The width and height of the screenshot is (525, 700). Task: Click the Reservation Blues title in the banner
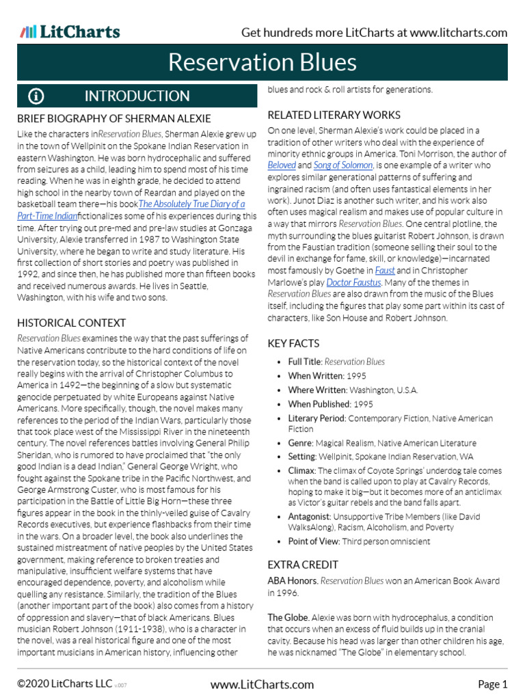pyautogui.click(x=262, y=62)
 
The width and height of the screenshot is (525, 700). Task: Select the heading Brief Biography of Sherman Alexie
pyautogui.click(x=113, y=118)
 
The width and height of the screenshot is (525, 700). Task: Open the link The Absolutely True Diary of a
pyautogui.click(x=191, y=204)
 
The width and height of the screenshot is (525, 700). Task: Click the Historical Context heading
pyautogui.click(x=71, y=322)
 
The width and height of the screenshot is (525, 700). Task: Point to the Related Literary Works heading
pyautogui.click(x=334, y=114)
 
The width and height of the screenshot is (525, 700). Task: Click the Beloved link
pyautogui.click(x=282, y=165)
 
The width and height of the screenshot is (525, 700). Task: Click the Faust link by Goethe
pyautogui.click(x=385, y=270)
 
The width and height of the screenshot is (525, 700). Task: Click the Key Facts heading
pyautogui.click(x=293, y=343)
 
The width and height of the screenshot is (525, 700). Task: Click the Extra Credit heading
pyautogui.click(x=303, y=565)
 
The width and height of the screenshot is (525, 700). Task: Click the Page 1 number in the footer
pyautogui.click(x=492, y=684)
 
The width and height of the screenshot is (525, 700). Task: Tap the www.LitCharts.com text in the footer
pyautogui.click(x=262, y=684)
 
